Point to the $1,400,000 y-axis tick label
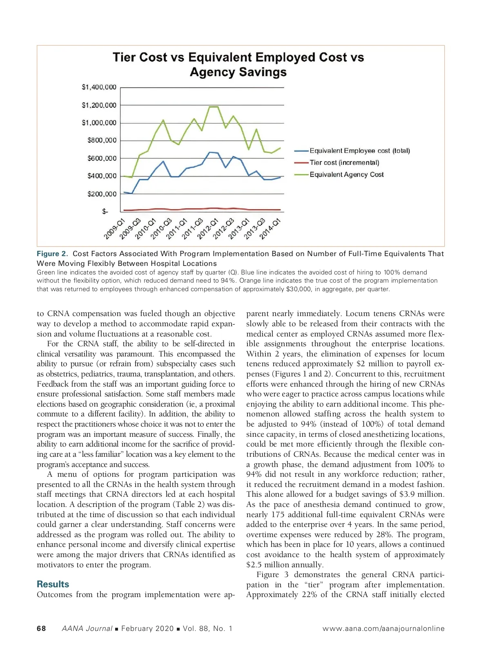pos(99,87)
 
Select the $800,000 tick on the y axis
pos(102,140)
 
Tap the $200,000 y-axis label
pos(102,194)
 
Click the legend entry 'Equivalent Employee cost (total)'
pos(359,151)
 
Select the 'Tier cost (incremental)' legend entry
pos(344,163)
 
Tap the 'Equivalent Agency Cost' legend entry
pos(346,175)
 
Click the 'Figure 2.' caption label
pos(52,254)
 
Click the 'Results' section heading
pos(53,584)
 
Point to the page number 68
pos(41,628)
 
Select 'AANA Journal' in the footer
pos(87,628)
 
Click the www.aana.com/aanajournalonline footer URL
pos(383,628)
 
